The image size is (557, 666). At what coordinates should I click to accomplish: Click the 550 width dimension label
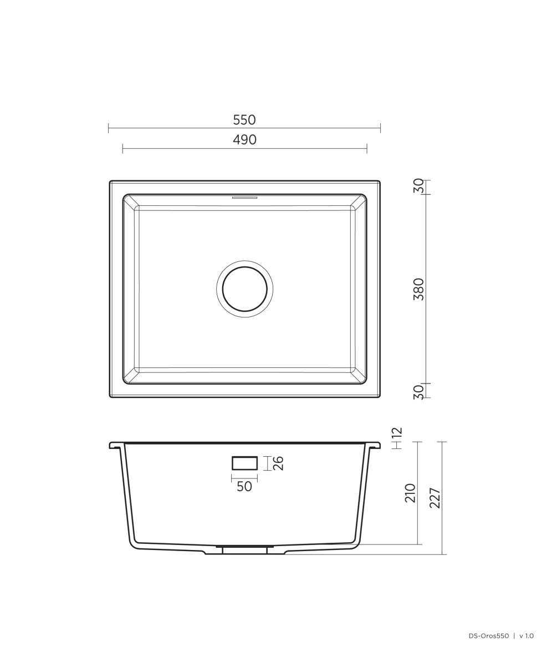click(244, 120)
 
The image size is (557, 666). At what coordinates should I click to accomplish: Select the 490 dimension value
click(244, 140)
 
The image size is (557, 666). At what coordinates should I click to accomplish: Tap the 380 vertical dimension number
click(419, 289)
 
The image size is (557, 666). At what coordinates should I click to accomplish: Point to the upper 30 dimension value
click(419, 186)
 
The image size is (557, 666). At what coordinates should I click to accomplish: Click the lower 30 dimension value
click(419, 392)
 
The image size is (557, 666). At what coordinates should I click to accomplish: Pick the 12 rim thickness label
click(397, 434)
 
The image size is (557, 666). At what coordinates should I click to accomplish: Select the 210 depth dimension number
click(410, 493)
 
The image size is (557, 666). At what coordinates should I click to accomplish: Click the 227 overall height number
click(435, 498)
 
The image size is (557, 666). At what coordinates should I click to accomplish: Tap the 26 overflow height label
click(278, 463)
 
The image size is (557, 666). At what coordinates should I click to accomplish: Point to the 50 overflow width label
click(244, 487)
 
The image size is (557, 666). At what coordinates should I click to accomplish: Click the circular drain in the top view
click(244, 289)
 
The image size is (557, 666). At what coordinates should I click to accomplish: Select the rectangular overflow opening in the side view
click(244, 463)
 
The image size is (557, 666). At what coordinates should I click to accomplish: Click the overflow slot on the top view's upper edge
click(244, 197)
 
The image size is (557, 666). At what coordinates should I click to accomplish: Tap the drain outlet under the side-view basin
click(244, 549)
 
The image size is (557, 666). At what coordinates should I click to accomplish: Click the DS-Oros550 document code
click(488, 636)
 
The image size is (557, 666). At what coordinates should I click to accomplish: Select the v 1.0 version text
click(526, 636)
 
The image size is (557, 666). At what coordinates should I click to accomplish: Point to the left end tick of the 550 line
click(109, 128)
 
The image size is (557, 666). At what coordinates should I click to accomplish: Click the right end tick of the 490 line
click(367, 148)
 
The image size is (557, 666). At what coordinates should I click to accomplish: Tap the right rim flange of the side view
click(374, 445)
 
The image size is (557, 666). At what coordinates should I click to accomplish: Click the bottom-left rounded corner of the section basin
click(134, 543)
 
